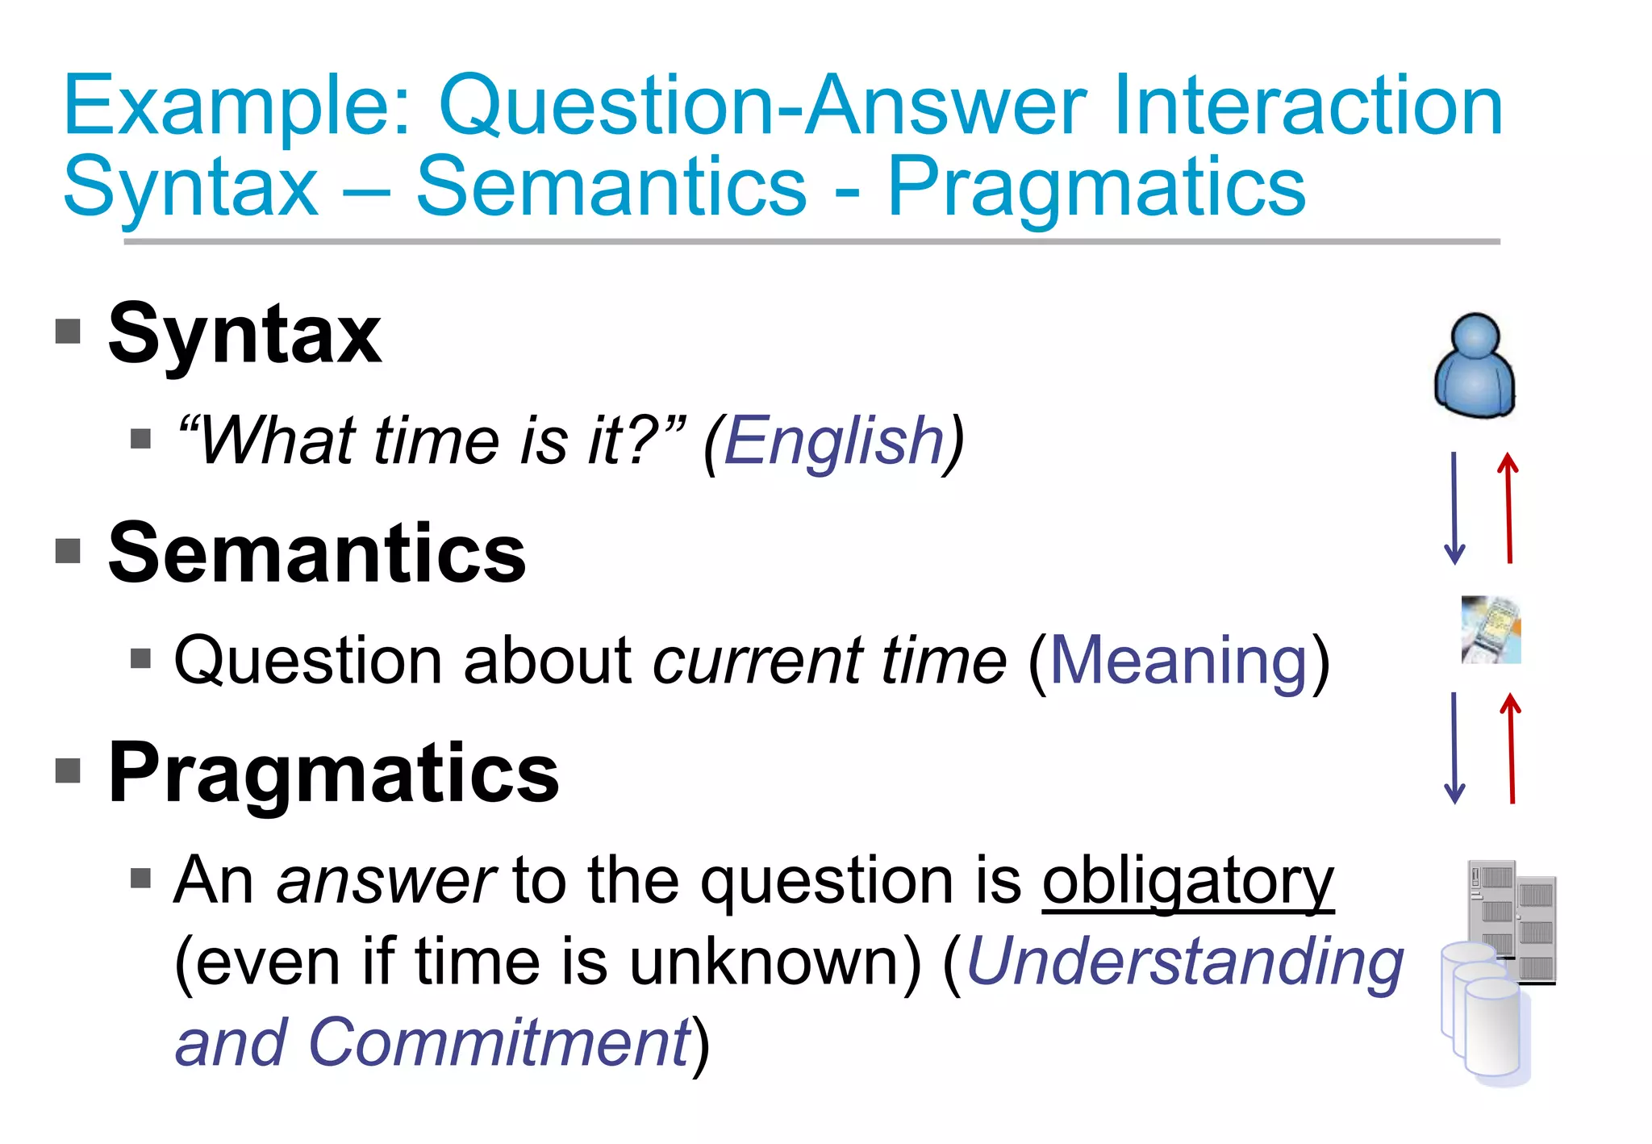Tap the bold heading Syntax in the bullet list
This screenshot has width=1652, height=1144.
(x=244, y=334)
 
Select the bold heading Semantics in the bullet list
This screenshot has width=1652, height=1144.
(x=317, y=553)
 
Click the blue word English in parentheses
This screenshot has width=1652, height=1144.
(x=834, y=442)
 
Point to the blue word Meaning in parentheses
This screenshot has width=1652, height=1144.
(x=1179, y=662)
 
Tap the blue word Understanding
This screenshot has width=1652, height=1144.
(x=1185, y=962)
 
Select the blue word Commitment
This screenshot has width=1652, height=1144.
(x=500, y=1042)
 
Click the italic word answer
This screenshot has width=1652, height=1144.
(x=386, y=881)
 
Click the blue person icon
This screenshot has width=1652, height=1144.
(x=1475, y=367)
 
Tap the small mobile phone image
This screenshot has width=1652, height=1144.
(x=1491, y=630)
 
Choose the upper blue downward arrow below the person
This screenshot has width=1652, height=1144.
(x=1454, y=508)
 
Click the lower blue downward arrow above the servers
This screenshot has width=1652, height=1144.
(x=1454, y=748)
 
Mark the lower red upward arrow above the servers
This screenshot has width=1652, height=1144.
(x=1511, y=748)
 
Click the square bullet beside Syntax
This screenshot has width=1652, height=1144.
(x=69, y=331)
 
